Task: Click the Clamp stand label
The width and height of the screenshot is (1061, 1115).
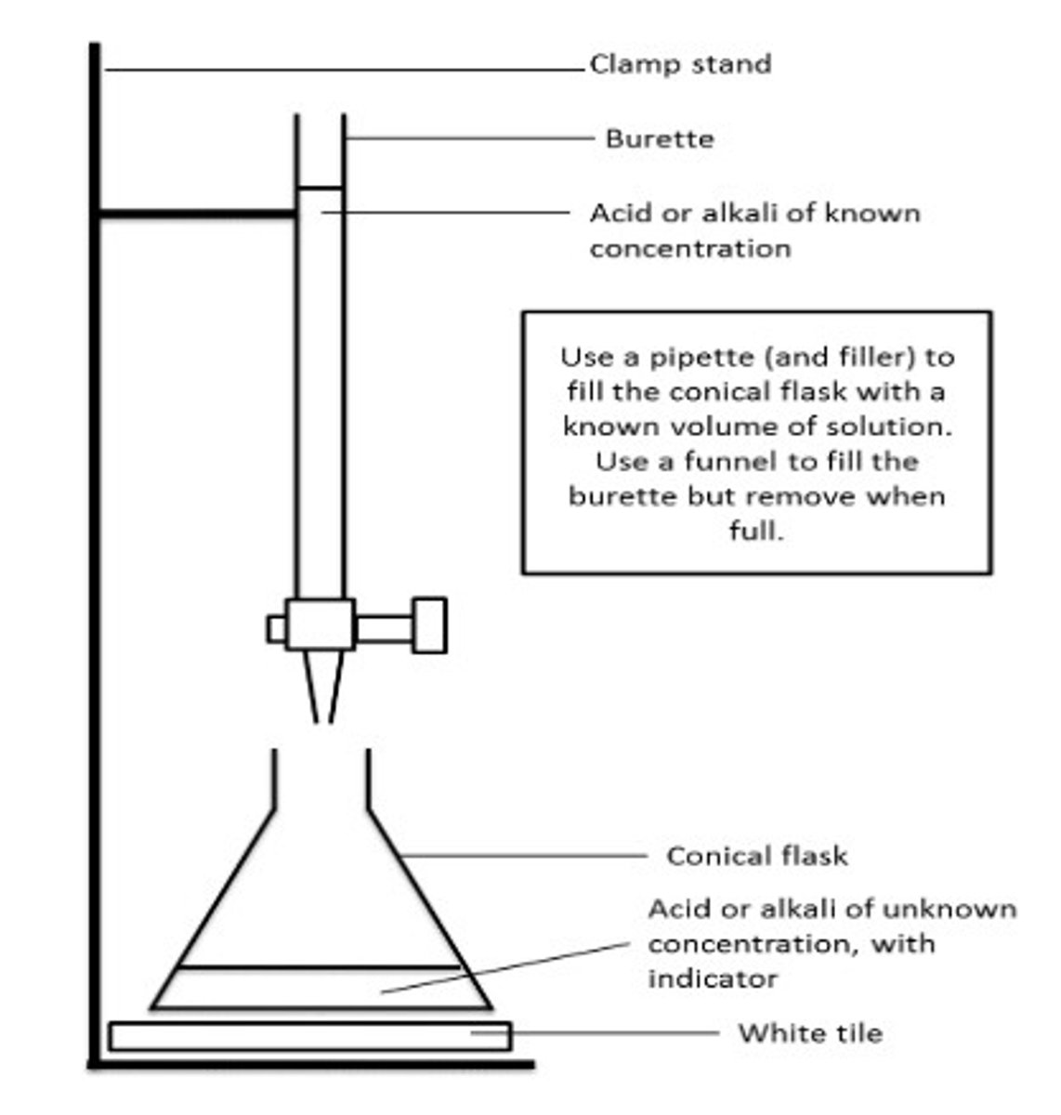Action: point(680,64)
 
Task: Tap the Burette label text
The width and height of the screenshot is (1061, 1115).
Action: point(660,139)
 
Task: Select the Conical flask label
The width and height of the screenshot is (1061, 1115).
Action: point(756,856)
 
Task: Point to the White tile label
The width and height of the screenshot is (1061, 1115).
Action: point(810,1033)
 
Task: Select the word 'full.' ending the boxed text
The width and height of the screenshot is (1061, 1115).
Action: point(756,532)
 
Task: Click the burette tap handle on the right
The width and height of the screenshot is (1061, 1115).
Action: point(429,625)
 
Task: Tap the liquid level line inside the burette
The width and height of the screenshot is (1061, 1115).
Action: point(321,189)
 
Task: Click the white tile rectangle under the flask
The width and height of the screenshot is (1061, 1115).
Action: point(309,1036)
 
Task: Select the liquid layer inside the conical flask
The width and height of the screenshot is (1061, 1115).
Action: point(321,988)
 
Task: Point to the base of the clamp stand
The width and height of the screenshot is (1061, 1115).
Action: point(311,1065)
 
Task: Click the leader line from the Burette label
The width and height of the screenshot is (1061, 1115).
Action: point(469,138)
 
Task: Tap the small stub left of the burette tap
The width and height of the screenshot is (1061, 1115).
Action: point(276,629)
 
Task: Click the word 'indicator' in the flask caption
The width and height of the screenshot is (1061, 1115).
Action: point(712,979)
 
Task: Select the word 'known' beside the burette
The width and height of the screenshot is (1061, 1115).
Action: point(873,214)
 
